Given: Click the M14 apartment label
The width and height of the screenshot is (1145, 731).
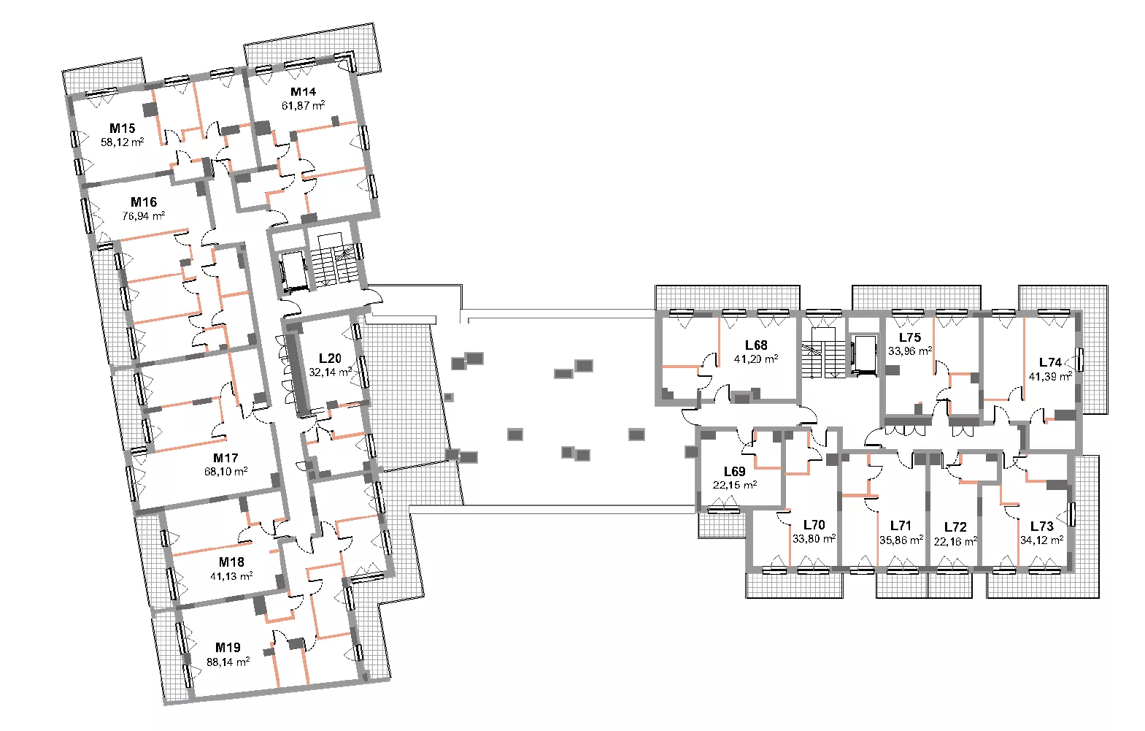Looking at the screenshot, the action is pyautogui.click(x=303, y=92).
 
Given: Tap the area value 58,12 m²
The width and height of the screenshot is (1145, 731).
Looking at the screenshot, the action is pyautogui.click(x=122, y=142).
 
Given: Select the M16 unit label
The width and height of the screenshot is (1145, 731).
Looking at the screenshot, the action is pyautogui.click(x=144, y=202).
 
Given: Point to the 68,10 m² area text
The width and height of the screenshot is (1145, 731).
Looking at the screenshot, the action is pyautogui.click(x=226, y=471).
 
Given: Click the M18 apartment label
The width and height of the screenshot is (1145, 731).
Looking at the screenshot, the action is pyautogui.click(x=231, y=562).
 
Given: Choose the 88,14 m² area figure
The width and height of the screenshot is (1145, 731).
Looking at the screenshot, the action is pyautogui.click(x=228, y=662).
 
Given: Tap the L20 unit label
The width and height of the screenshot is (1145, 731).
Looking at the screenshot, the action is pyautogui.click(x=330, y=359).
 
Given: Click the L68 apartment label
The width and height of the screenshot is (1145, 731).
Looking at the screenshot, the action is pyautogui.click(x=756, y=345).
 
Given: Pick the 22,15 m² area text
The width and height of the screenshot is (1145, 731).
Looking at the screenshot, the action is pyautogui.click(x=735, y=484).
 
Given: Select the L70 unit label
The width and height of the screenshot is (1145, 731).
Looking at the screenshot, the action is pyautogui.click(x=814, y=525).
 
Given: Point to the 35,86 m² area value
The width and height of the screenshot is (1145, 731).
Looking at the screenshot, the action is pyautogui.click(x=901, y=539).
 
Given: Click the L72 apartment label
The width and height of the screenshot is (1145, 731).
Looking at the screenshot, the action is pyautogui.click(x=955, y=527).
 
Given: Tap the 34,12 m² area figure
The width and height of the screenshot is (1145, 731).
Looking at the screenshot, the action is pyautogui.click(x=1042, y=540).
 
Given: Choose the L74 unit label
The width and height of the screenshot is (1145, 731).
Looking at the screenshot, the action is pyautogui.click(x=1050, y=363).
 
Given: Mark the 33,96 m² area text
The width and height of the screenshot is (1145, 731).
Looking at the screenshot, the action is pyautogui.click(x=910, y=351).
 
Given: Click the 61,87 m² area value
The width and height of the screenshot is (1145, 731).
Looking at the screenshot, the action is pyautogui.click(x=303, y=105).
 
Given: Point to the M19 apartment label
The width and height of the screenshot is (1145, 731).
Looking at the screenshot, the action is pyautogui.click(x=228, y=648).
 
